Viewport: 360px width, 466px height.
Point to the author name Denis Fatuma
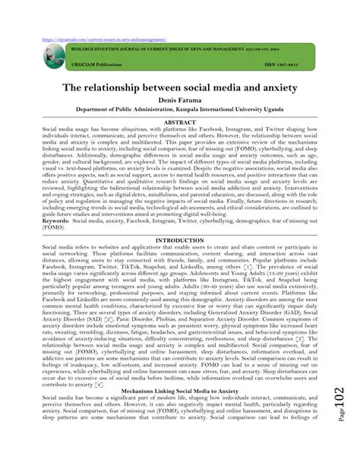pos(180,100)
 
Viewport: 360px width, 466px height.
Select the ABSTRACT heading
pos(180,122)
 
